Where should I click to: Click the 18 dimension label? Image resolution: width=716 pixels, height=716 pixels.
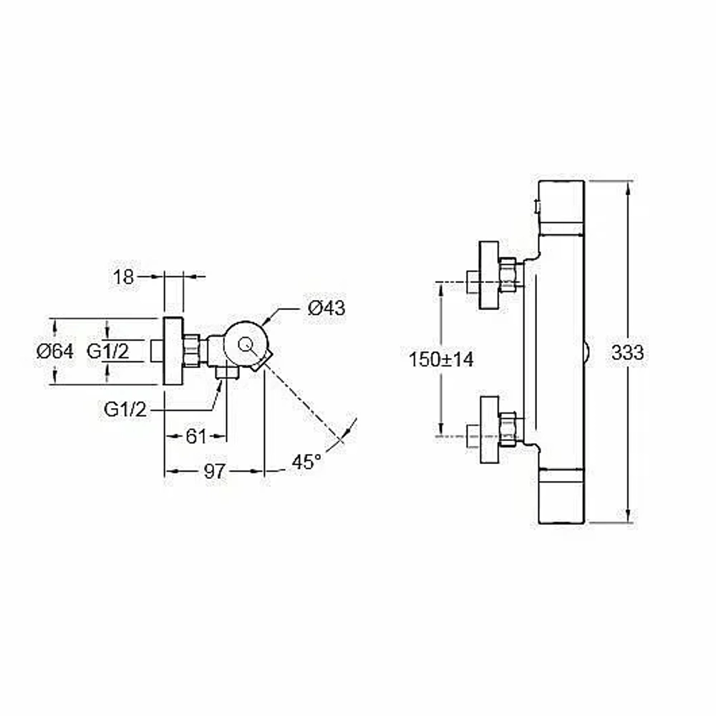tap(123, 276)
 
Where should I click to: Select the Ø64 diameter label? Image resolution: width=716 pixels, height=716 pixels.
tap(55, 352)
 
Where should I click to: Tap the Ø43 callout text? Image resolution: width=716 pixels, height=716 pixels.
tap(326, 308)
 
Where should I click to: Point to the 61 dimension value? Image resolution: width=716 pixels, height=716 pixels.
tap(196, 437)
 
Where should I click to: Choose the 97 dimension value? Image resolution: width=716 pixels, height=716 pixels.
tap(215, 471)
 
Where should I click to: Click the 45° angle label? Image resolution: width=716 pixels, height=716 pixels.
tap(306, 462)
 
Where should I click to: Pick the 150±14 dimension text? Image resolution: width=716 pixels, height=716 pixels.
tap(441, 359)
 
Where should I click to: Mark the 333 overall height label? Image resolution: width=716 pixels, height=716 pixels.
tap(627, 352)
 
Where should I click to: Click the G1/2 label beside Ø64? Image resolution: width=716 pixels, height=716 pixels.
tap(108, 352)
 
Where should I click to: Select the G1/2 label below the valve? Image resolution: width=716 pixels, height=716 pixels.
tap(125, 410)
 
